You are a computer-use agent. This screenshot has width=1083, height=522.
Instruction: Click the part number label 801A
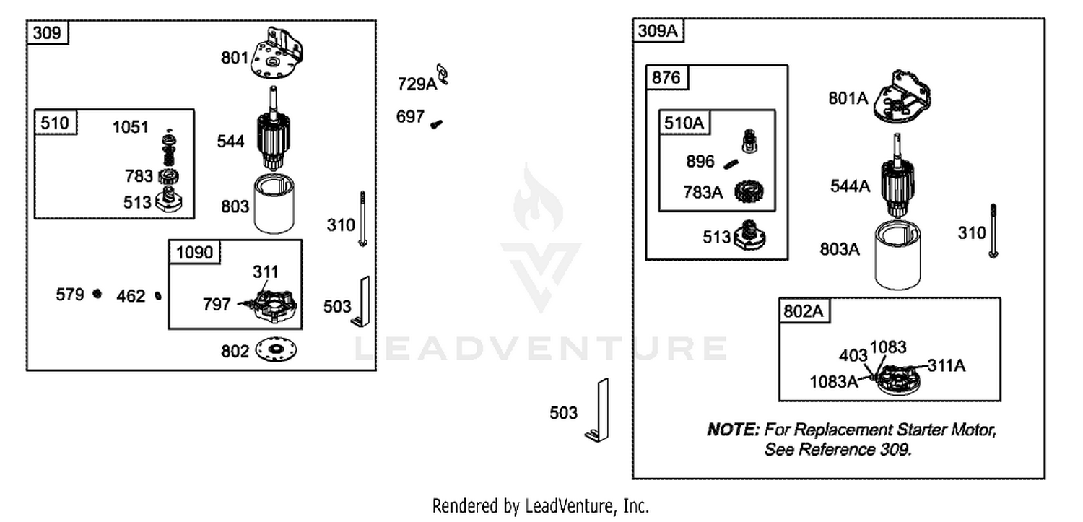848,99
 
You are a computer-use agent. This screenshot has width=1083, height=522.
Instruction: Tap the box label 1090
194,252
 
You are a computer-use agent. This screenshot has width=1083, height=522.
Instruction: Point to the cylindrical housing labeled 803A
898,255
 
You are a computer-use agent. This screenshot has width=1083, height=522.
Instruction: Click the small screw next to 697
436,124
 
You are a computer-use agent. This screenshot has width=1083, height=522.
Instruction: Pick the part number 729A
417,84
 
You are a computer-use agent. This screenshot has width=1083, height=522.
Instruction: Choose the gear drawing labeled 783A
749,192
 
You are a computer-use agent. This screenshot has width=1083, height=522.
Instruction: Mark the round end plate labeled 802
276,349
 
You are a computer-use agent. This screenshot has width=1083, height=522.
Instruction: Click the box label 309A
658,31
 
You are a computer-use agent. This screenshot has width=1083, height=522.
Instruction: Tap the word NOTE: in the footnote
733,429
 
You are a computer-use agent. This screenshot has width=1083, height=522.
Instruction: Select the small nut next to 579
97,293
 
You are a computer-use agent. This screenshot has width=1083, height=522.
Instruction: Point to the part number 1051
131,128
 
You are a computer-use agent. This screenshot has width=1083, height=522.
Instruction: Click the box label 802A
803,311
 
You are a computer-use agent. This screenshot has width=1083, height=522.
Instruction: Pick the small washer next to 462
157,295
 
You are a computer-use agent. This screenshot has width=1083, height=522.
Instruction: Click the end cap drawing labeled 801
277,53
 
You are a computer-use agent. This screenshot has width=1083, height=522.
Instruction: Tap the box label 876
666,78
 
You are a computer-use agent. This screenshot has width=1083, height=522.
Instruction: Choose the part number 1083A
833,383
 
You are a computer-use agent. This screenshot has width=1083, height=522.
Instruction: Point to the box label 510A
684,123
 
